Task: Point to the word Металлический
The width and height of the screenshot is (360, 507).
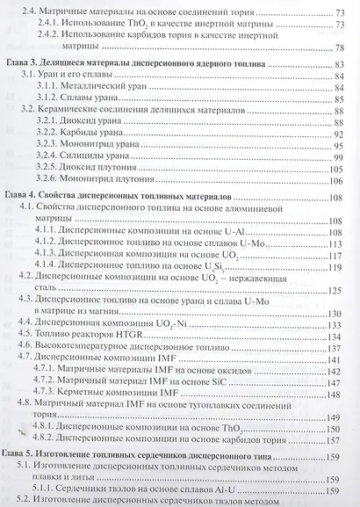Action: point(104,89)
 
